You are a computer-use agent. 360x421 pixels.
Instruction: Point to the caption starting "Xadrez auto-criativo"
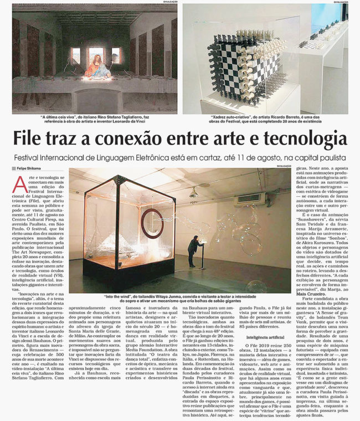(x=265, y=120)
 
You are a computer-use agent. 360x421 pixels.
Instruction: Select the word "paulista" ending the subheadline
(x=331, y=157)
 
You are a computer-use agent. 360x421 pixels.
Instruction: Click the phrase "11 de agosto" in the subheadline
(x=241, y=157)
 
